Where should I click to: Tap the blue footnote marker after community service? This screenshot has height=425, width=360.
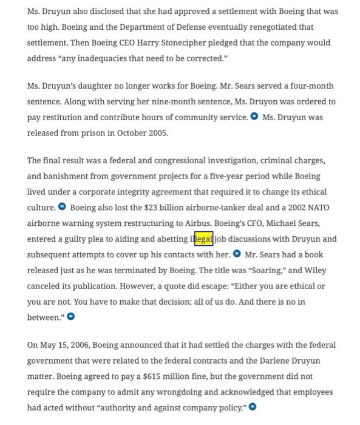[x=254, y=117]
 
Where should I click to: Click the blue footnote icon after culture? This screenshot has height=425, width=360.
[x=62, y=208]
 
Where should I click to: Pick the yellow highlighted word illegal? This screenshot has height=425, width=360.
[x=203, y=239]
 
